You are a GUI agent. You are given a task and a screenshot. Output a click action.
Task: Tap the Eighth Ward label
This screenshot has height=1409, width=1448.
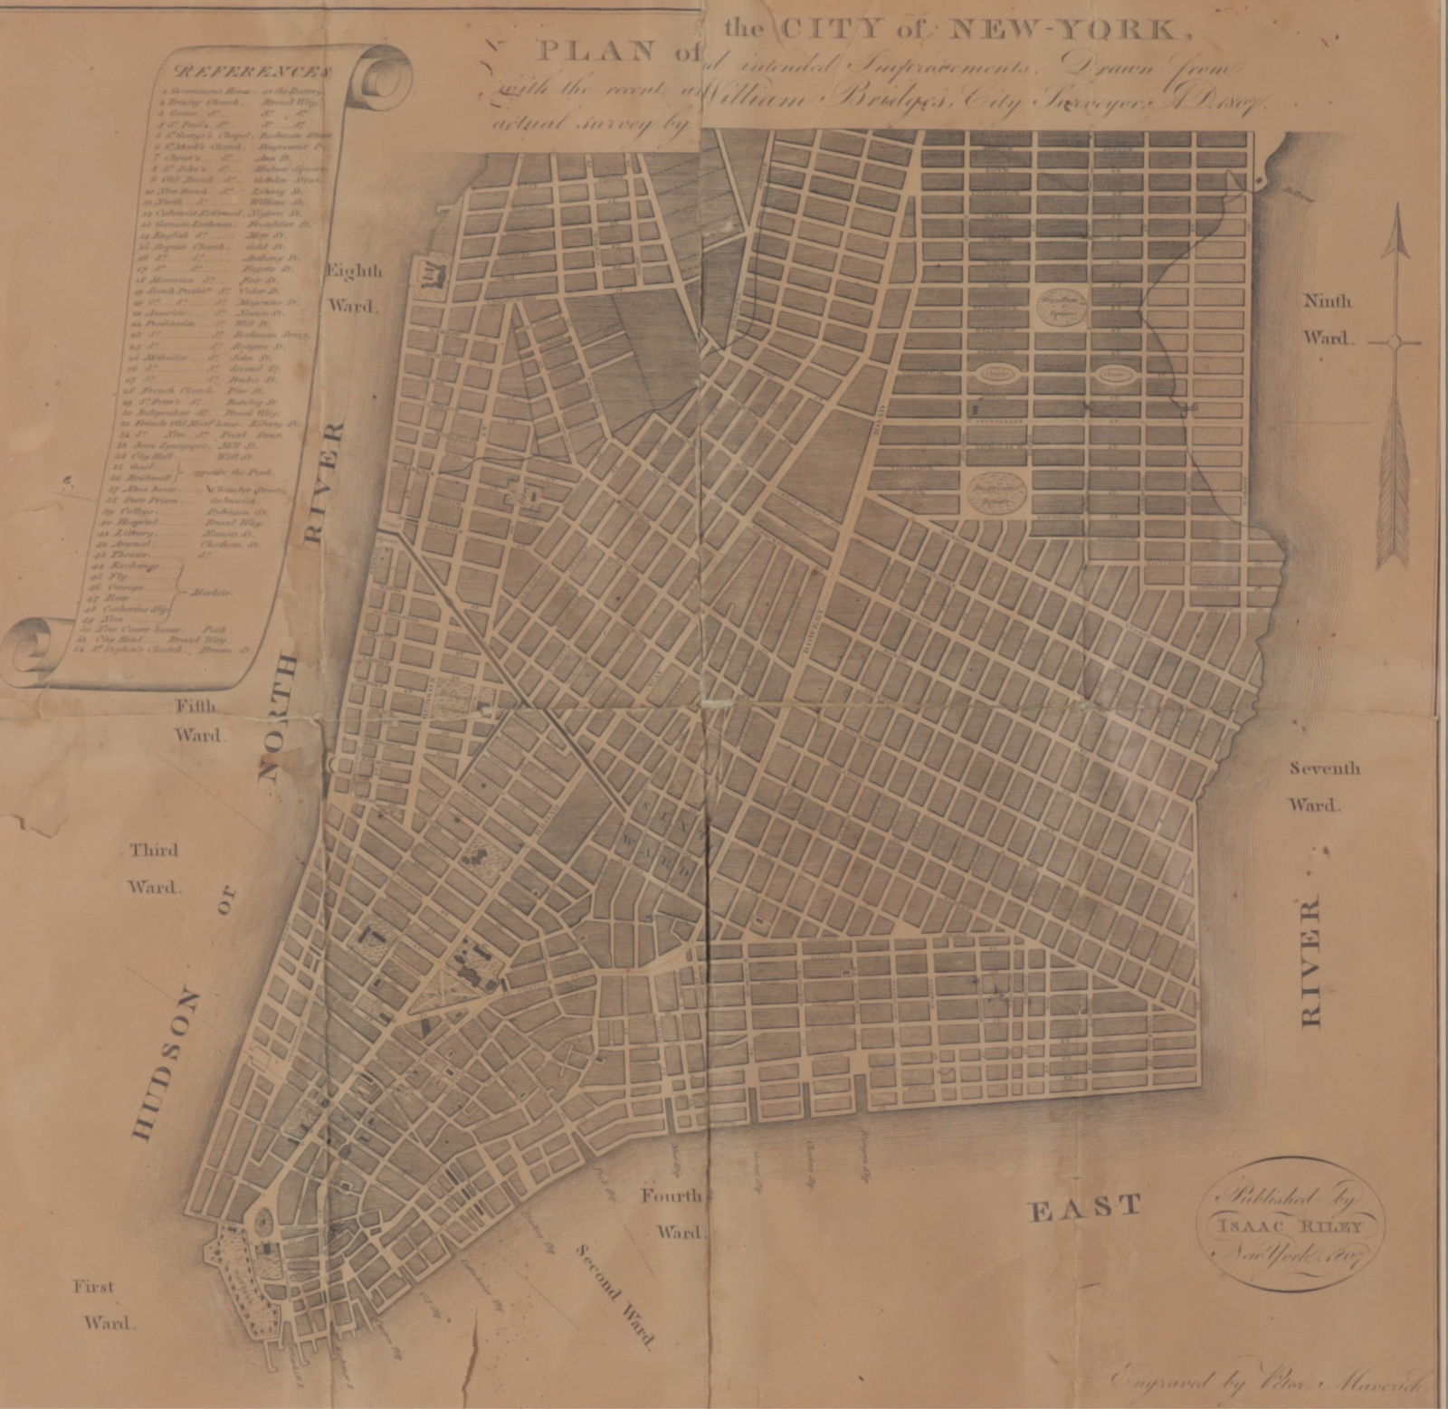pyautogui.click(x=353, y=288)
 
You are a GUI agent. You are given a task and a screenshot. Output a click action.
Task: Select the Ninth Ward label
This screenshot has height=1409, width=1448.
pyautogui.click(x=1327, y=319)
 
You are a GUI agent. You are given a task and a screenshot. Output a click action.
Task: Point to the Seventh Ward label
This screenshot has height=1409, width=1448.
pyautogui.click(x=1324, y=785)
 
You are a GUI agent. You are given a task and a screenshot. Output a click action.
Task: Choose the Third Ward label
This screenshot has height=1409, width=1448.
pyautogui.click(x=154, y=868)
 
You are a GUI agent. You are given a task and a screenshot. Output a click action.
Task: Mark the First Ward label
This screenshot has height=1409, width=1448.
pyautogui.click(x=101, y=1304)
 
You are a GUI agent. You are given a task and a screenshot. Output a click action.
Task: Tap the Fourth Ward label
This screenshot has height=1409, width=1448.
pyautogui.click(x=671, y=1214)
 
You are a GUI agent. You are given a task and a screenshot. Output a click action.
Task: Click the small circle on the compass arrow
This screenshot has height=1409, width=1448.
pyautogui.click(x=1395, y=342)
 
